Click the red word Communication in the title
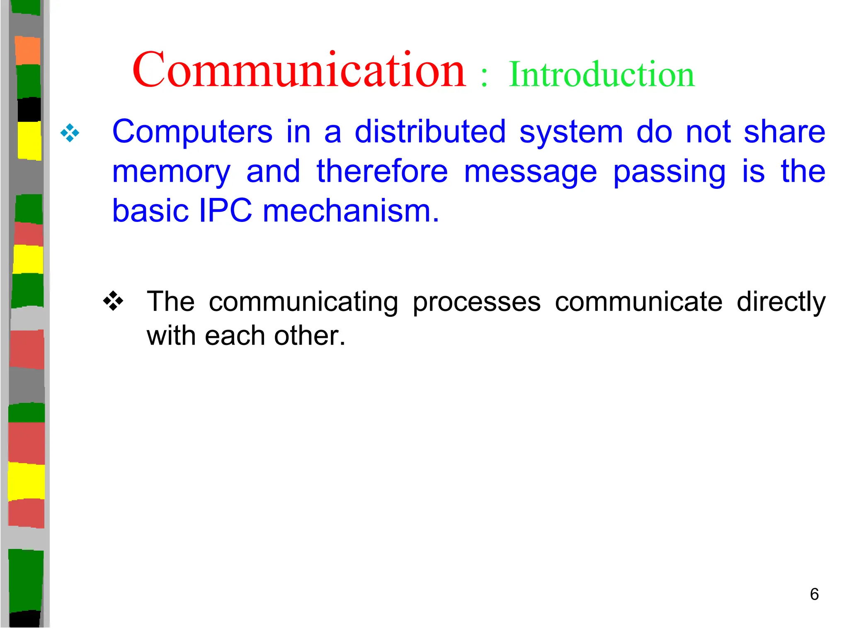click(x=299, y=70)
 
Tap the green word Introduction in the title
click(x=602, y=75)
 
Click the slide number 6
click(x=814, y=594)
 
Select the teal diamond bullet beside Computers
click(x=70, y=133)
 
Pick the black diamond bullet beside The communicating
click(x=113, y=301)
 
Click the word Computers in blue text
click(x=192, y=132)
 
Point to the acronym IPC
click(x=225, y=211)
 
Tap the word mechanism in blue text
click(x=351, y=211)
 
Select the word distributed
click(x=430, y=132)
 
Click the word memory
click(x=171, y=172)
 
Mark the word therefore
click(x=382, y=171)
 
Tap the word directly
click(x=781, y=302)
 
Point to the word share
click(x=784, y=132)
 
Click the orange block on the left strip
click(x=27, y=51)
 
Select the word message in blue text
click(x=530, y=172)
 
